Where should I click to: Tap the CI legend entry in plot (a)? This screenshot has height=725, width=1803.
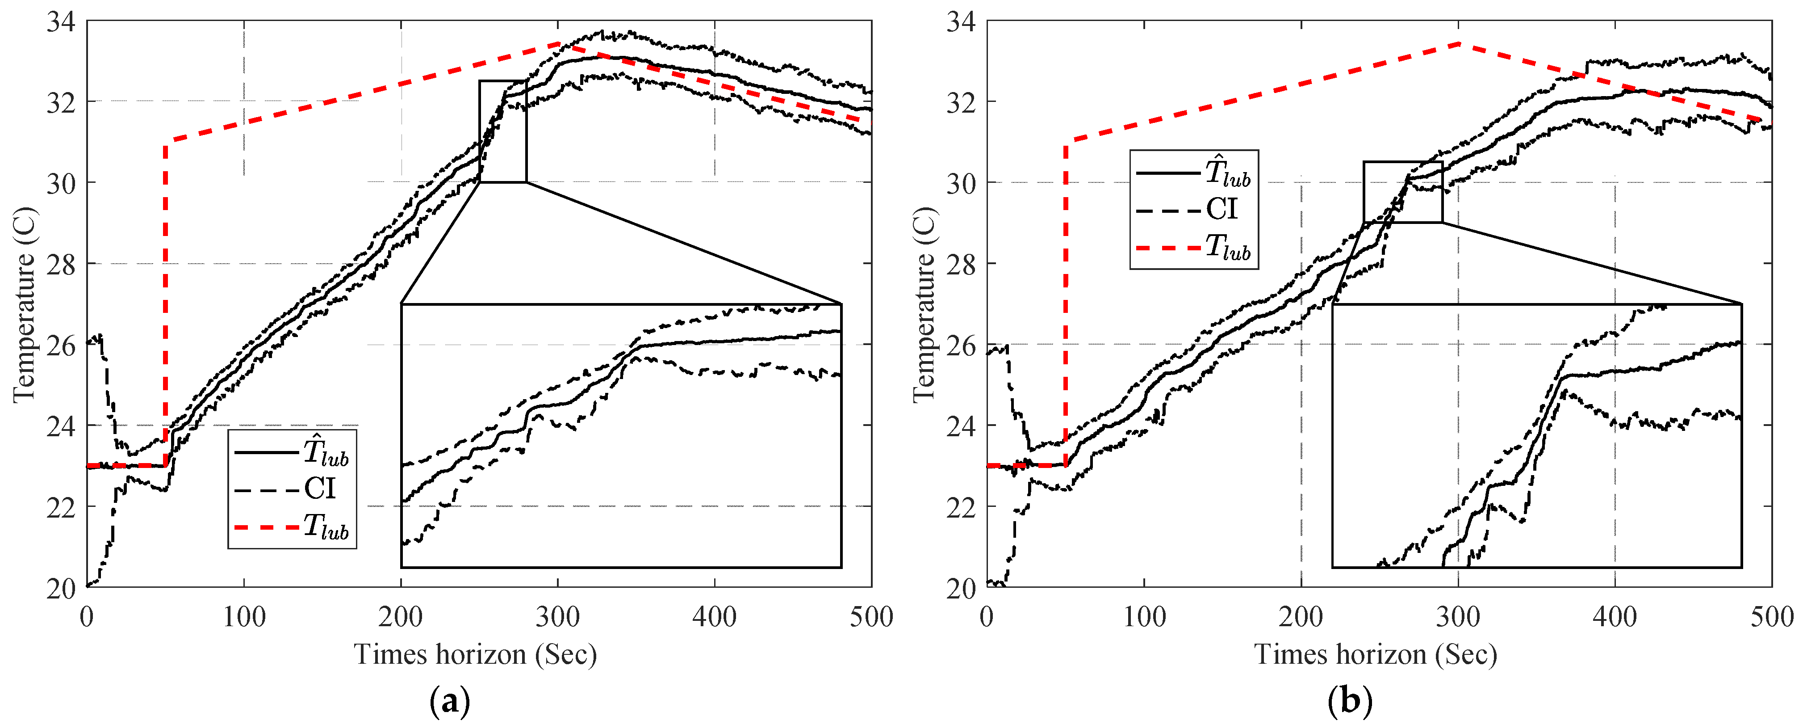(320, 489)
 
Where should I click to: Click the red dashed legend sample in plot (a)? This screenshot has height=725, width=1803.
(266, 526)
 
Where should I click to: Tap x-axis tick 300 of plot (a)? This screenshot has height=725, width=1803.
(558, 617)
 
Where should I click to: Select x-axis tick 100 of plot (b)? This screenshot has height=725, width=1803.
(1144, 617)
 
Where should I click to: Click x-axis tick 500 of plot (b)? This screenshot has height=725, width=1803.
(1771, 617)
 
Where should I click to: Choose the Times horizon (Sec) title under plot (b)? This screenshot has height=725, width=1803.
(1375, 654)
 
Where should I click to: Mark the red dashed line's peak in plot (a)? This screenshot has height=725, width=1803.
(558, 43)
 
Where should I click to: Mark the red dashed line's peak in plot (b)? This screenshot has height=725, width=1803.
(1459, 43)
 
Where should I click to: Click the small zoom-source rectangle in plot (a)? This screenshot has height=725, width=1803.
(502, 131)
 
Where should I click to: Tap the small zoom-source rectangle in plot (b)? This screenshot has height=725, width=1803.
(1403, 192)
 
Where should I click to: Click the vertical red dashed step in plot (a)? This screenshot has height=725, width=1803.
(165, 301)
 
